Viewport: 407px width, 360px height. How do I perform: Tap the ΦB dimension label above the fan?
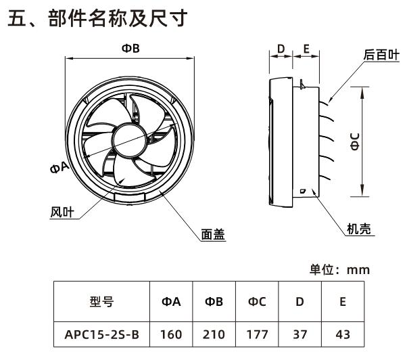130,48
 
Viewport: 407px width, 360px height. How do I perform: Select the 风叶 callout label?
62,212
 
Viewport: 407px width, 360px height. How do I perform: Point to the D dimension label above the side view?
281,49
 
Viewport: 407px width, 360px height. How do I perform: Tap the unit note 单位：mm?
339,269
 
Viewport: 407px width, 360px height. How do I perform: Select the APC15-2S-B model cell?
101,333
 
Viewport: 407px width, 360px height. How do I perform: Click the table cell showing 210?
214,333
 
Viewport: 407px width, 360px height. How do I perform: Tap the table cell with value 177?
257,333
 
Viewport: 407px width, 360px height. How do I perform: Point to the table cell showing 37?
300,333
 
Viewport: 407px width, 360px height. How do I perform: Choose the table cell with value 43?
343,333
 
